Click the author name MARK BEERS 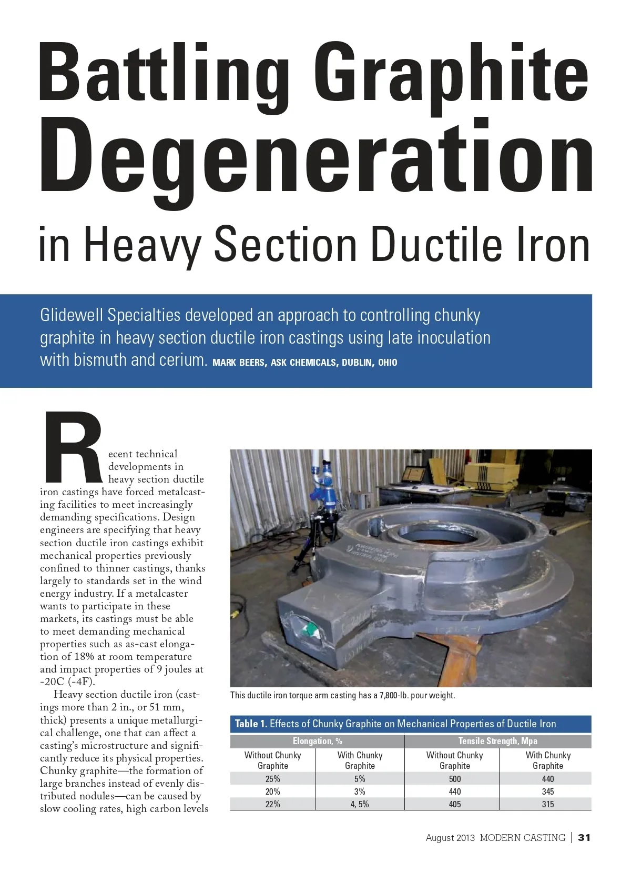pos(238,363)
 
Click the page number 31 pos(584,837)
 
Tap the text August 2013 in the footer pos(450,837)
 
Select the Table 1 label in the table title pos(250,724)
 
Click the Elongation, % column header pos(317,741)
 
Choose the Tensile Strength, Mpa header pos(497,741)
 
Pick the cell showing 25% pos(272,779)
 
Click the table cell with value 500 pos(454,779)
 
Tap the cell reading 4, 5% pos(360,804)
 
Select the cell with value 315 pos(547,804)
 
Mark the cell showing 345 pos(547,791)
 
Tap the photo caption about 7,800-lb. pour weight pos(342,695)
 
